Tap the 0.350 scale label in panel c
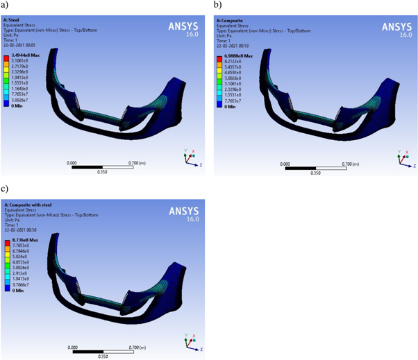pyautogui.click(x=104, y=356)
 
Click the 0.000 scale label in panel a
pyautogui.click(x=72, y=163)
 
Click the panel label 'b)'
pyautogui.click(x=217, y=5)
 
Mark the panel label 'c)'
pyautogui.click(x=5, y=188)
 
